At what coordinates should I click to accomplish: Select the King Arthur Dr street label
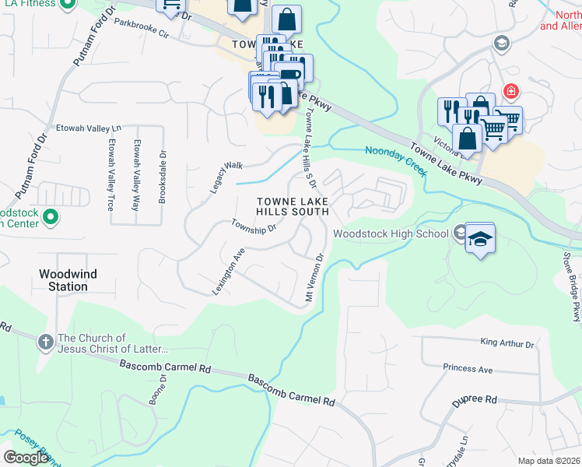[507, 343]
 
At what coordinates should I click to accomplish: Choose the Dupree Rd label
[475, 400]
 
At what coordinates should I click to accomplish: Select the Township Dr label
[254, 226]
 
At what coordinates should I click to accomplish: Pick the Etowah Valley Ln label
[89, 128]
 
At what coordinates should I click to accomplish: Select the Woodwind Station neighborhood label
[64, 280]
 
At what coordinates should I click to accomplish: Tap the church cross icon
[46, 339]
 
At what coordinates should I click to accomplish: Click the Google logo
[26, 458]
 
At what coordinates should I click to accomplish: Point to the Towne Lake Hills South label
[293, 206]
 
